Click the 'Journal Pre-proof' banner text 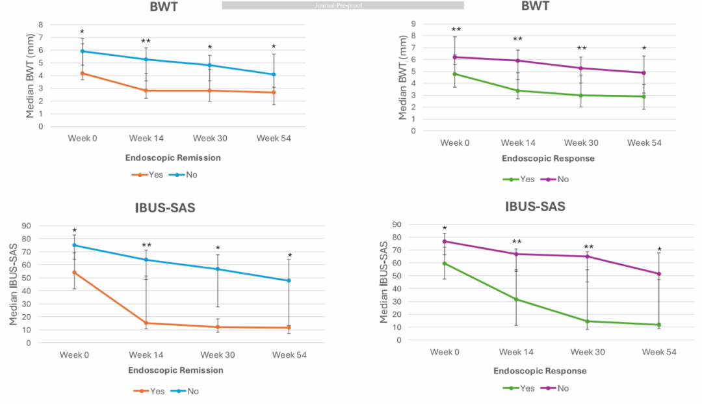[343, 5]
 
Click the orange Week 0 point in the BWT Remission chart [83, 73]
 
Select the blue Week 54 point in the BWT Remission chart [274, 74]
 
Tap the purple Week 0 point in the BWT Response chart [455, 57]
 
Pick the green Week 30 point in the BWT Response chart [582, 95]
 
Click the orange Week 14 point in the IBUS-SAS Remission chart [146, 323]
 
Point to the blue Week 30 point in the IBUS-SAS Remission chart [218, 269]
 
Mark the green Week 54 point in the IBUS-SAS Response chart [658, 325]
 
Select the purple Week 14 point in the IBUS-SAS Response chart [516, 254]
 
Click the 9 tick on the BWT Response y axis [412, 23]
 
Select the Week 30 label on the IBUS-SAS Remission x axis [218, 355]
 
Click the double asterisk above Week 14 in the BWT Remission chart [146, 42]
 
